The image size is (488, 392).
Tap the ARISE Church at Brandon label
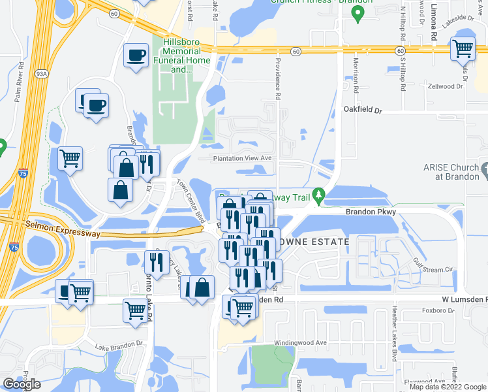click(451, 171)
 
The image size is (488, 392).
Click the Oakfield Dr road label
click(363, 110)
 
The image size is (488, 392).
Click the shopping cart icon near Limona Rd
click(463, 48)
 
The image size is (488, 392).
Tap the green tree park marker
click(318, 195)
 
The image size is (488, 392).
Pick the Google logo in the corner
click(22, 384)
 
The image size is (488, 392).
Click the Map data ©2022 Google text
click(448, 387)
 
